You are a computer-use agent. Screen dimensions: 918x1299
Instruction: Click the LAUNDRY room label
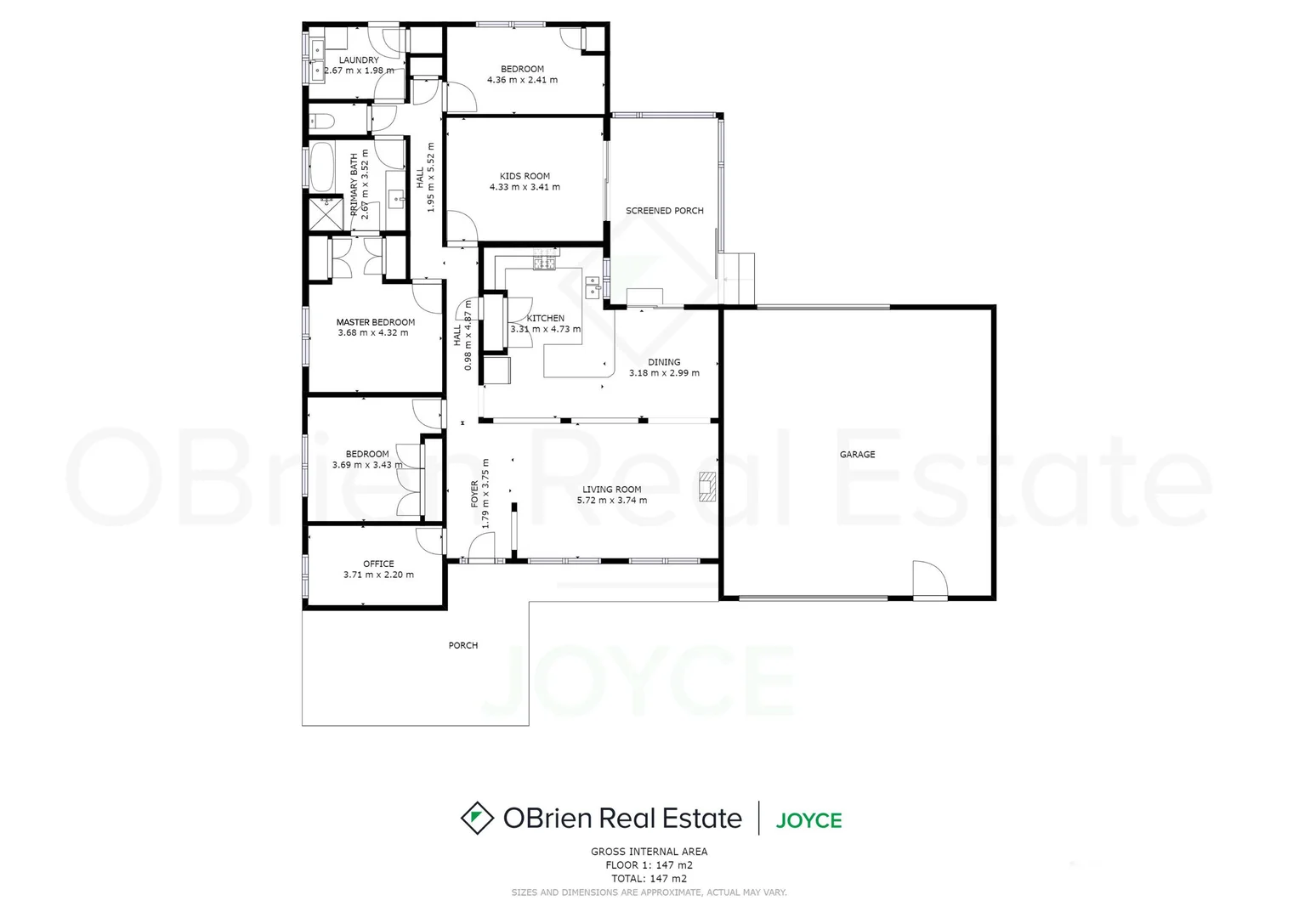pyautogui.click(x=359, y=60)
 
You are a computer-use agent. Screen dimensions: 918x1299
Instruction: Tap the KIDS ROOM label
pyautogui.click(x=525, y=176)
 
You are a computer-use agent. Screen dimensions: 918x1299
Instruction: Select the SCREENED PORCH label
pyautogui.click(x=664, y=211)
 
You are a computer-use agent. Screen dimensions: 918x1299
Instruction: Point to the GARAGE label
pyautogui.click(x=857, y=455)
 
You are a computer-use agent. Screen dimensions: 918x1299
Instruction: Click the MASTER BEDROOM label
pyautogui.click(x=375, y=322)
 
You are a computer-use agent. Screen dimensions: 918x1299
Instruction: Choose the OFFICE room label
pyautogui.click(x=378, y=564)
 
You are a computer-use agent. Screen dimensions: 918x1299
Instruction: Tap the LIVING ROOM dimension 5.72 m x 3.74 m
pyautogui.click(x=611, y=501)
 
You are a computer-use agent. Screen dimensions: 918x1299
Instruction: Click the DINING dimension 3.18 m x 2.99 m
pyautogui.click(x=664, y=373)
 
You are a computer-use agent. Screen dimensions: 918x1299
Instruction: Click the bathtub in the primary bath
pyautogui.click(x=321, y=167)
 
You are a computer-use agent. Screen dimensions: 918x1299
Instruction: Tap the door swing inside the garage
pyautogui.click(x=929, y=580)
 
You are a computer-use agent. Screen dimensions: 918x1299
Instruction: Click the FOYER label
pyautogui.click(x=475, y=495)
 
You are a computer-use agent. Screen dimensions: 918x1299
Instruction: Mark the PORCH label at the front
pyautogui.click(x=463, y=646)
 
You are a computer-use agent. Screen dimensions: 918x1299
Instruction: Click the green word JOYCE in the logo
pyautogui.click(x=808, y=820)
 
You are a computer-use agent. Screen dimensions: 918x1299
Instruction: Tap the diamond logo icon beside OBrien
pyautogui.click(x=477, y=818)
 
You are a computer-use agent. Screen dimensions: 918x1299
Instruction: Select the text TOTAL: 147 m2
pyautogui.click(x=649, y=879)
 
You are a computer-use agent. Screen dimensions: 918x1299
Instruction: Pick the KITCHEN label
pyautogui.click(x=545, y=318)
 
